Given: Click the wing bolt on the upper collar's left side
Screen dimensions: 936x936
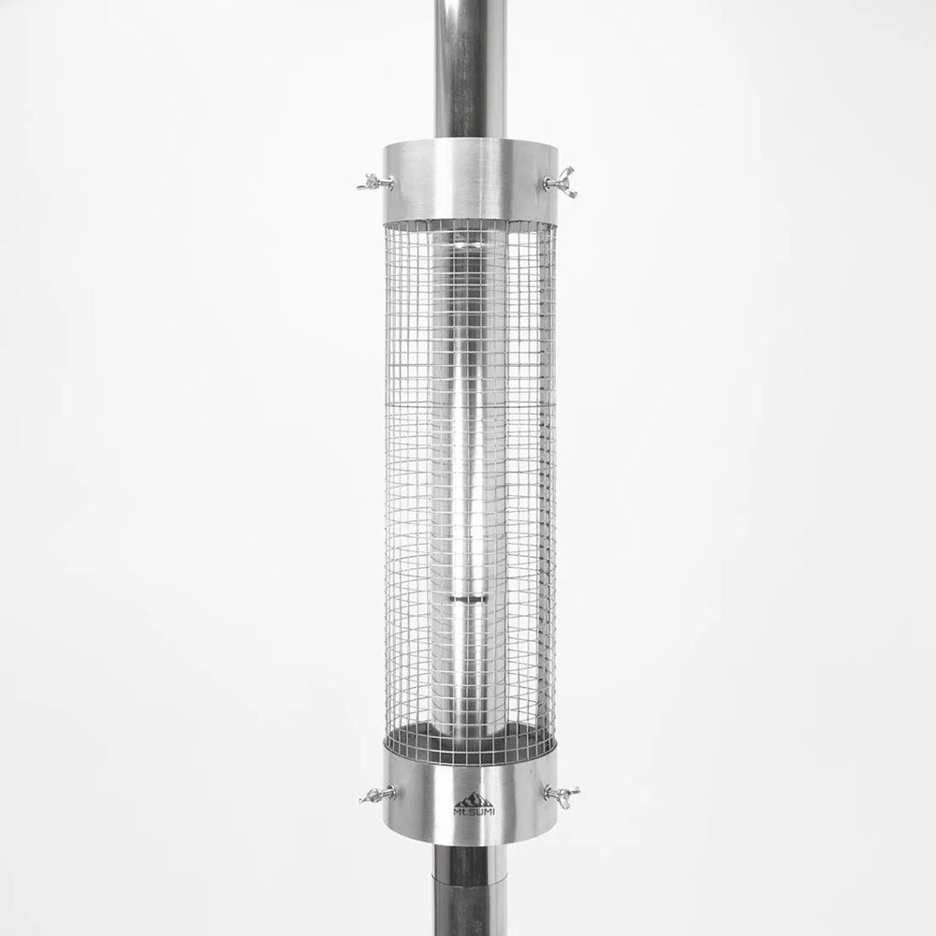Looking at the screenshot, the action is click(x=374, y=183).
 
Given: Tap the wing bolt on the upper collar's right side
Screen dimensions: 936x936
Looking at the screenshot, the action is click(x=561, y=182).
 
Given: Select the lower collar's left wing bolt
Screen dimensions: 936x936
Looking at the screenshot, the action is click(x=378, y=795).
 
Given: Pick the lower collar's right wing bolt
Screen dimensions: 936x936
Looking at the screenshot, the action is click(x=562, y=794).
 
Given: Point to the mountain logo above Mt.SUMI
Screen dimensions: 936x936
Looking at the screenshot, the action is click(x=474, y=798).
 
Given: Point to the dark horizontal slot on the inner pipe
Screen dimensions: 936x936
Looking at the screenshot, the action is click(x=469, y=597).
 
